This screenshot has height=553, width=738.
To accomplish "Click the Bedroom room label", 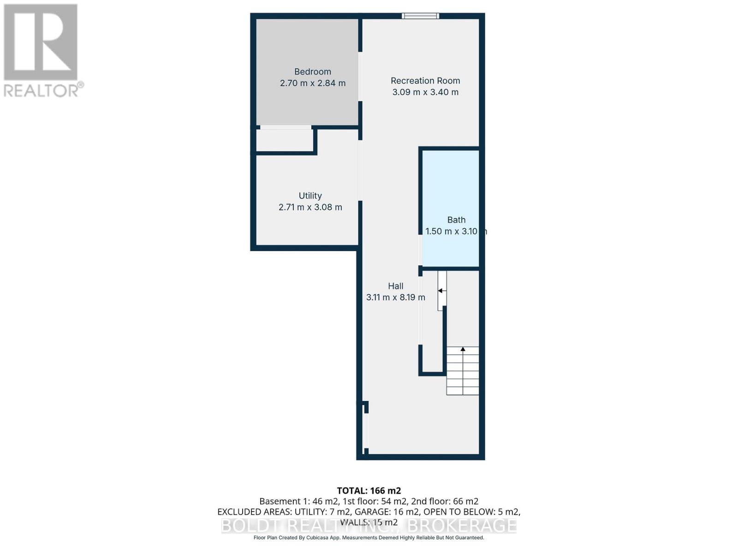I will point(312,71).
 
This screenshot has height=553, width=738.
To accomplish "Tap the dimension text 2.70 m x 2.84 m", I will point(312,83).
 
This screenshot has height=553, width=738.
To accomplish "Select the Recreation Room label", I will point(425,81).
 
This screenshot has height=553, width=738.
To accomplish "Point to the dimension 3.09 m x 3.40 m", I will point(425,92).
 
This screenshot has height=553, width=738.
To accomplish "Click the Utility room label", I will point(310,196).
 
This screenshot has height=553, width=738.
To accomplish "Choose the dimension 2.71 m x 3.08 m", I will point(310,207).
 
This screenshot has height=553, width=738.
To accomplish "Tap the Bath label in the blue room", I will point(456,220).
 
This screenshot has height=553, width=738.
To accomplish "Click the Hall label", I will point(395,286).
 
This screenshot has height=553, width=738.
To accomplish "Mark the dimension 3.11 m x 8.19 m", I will point(395,298).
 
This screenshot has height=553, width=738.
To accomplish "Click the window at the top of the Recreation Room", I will point(420,16).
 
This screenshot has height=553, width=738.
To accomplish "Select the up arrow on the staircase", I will point(463,350).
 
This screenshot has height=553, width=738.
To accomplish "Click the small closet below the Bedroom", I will point(285,140).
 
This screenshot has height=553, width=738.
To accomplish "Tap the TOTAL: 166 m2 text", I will point(369,491).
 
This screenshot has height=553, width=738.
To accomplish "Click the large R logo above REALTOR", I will point(41,42).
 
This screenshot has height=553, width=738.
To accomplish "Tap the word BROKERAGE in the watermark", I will point(463,525).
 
